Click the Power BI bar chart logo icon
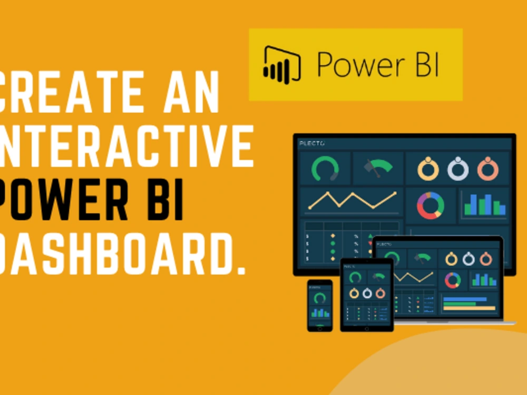click(x=282, y=64)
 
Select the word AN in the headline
click(x=196, y=94)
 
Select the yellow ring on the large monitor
click(x=428, y=169)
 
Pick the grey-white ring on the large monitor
click(x=458, y=169)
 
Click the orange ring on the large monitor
click(x=487, y=169)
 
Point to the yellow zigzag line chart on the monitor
click(x=352, y=200)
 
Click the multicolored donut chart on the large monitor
click(x=430, y=205)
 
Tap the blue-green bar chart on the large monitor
click(x=484, y=204)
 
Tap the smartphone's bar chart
click(x=320, y=312)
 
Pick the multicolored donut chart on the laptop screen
click(x=452, y=280)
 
